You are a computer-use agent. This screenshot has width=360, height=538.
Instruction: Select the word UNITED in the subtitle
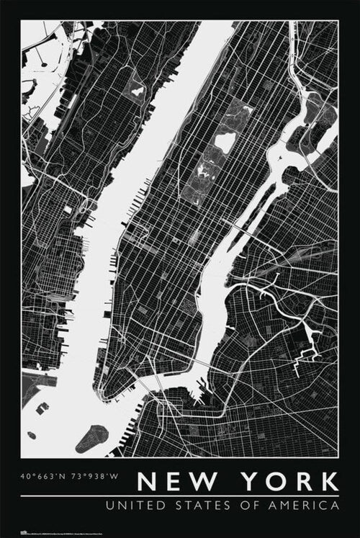[132, 506]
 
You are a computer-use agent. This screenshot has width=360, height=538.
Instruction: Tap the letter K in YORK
[327, 481]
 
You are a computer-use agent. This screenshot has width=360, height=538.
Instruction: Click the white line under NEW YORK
[180, 496]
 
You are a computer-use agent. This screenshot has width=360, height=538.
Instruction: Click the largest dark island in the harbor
[91, 438]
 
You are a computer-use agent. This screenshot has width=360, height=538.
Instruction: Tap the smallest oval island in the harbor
[32, 435]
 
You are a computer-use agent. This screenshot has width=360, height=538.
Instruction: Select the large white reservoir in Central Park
[225, 142]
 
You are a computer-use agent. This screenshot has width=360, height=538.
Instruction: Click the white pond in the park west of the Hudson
[136, 91]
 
